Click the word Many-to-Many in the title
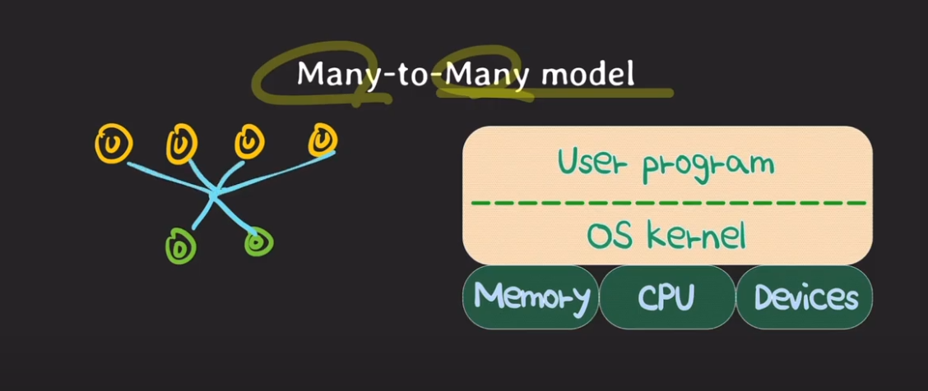416,74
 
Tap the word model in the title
588,74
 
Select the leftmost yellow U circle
114,145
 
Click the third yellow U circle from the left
248,142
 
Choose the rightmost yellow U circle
322,140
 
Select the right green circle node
258,241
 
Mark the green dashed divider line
668,201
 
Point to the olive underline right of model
654,93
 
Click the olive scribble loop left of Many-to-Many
276,78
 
